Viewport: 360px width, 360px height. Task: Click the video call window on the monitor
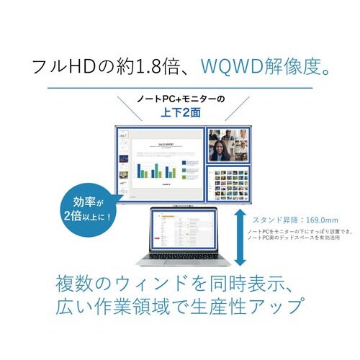click(x=228, y=145)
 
